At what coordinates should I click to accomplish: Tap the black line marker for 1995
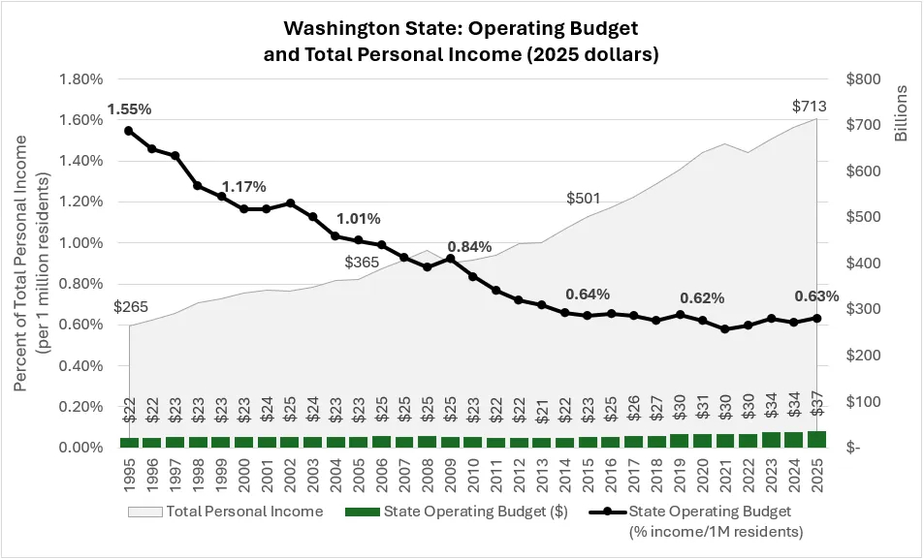pyautogui.click(x=128, y=131)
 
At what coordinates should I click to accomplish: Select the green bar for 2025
pyautogui.click(x=817, y=440)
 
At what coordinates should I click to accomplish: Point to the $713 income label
pyautogui.click(x=811, y=106)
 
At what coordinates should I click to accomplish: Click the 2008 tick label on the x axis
pyautogui.click(x=427, y=476)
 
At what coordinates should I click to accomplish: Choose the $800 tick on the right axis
pyautogui.click(x=865, y=79)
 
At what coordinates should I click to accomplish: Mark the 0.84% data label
pyautogui.click(x=468, y=247)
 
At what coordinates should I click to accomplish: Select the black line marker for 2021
pyautogui.click(x=725, y=329)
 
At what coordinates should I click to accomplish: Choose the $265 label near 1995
pyautogui.click(x=131, y=308)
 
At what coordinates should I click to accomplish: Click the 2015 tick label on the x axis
pyautogui.click(x=588, y=476)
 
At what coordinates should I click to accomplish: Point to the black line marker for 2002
pyautogui.click(x=290, y=203)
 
